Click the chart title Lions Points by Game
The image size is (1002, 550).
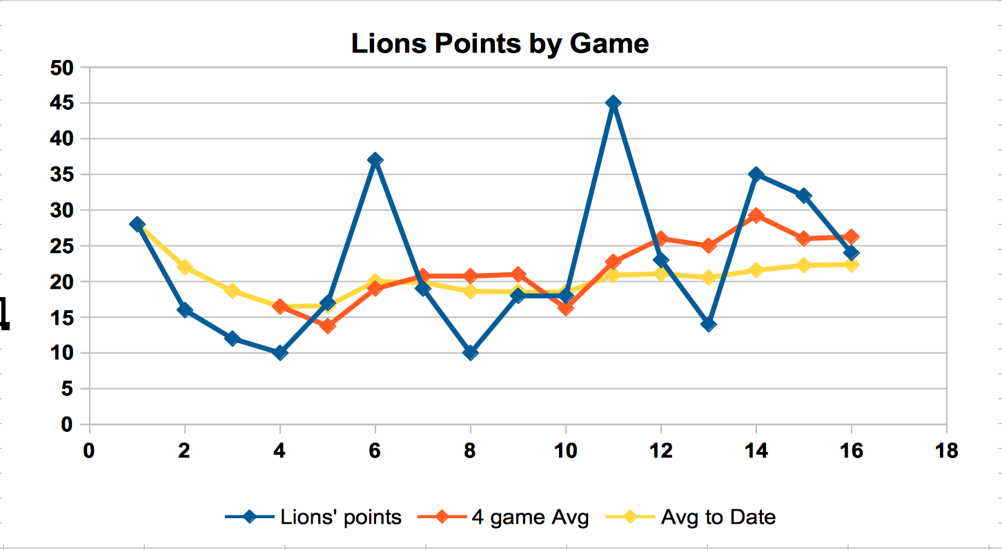[500, 44]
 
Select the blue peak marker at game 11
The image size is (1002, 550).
[613, 103]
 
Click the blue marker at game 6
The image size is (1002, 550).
[375, 160]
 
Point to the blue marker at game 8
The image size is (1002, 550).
[471, 352]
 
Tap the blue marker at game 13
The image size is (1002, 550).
[708, 324]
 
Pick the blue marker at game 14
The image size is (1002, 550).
[756, 174]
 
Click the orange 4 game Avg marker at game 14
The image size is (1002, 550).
[756, 216]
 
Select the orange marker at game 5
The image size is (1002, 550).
[327, 325]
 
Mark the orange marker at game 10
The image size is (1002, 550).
[566, 307]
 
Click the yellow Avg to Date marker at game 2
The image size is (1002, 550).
[184, 267]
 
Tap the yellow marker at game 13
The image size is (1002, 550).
[708, 277]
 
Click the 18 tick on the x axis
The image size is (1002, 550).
[946, 451]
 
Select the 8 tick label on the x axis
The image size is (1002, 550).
[471, 451]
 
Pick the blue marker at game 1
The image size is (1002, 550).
[137, 224]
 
